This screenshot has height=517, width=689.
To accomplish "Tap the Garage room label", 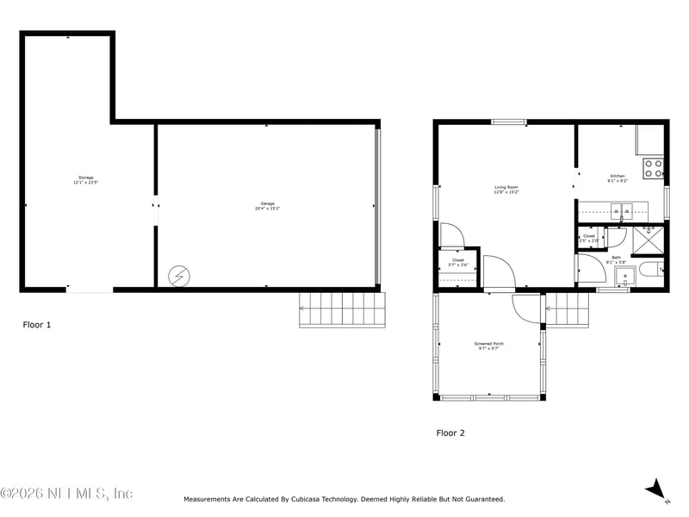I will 267,205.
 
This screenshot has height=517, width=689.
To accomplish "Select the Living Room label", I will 506,189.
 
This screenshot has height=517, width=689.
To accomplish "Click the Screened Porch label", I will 489,346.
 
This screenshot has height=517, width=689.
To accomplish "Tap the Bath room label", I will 616,259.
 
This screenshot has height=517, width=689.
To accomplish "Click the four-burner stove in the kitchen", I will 654,167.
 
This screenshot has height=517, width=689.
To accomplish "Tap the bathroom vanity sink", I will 624,277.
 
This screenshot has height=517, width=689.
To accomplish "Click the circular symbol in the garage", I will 177,276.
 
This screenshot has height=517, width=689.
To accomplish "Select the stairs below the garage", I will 342,309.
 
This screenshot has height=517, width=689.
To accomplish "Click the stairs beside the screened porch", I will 568,309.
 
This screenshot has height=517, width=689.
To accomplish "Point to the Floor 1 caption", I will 37,325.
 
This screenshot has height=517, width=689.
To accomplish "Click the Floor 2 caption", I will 450,433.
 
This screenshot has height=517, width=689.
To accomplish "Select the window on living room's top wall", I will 508,122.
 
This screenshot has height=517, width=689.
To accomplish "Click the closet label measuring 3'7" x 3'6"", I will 457,262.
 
